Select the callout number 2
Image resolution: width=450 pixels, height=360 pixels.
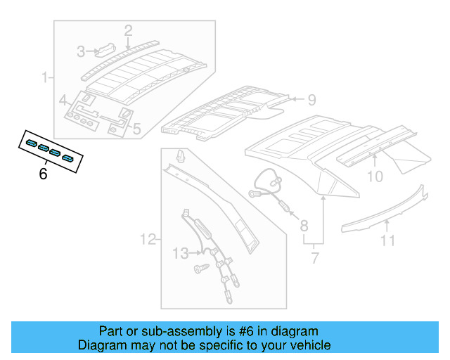pos(128,30)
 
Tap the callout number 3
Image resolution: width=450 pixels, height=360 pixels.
pos(82,51)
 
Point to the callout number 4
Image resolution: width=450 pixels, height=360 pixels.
pos(63,99)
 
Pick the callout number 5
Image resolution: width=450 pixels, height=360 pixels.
pos(136,129)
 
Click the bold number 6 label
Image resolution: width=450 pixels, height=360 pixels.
pos(43,174)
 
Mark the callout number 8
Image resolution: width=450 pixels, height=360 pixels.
pos(304,226)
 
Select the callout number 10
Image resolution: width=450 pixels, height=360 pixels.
pos(375,176)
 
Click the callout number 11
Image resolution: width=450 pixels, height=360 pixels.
pos(387,242)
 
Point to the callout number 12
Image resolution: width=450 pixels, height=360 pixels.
pos(147,240)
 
